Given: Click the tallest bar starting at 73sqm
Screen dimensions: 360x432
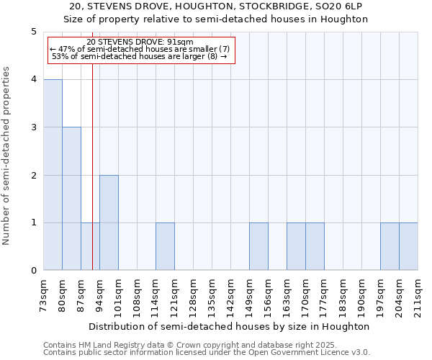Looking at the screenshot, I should (53, 175).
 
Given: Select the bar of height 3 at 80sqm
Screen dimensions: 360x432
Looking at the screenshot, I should (71, 199).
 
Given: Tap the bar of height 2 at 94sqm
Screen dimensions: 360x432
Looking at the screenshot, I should (109, 222).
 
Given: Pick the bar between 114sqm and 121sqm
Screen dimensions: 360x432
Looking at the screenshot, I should (165, 246).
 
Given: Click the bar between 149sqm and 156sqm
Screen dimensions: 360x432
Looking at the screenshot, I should (258, 246).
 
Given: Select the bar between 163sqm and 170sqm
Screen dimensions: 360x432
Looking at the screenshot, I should (296, 246).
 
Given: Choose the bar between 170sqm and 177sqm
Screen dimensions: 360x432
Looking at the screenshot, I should (315, 246).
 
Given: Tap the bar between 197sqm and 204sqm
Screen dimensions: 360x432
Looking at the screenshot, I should (390, 246).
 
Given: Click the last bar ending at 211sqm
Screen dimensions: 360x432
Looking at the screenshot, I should (408, 246).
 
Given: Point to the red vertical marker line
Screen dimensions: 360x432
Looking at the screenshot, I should (93, 180).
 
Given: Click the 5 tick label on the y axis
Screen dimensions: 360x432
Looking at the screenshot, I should (33, 32).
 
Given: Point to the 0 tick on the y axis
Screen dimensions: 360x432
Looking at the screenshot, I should (33, 271).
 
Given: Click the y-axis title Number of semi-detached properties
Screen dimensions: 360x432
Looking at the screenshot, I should (7, 156).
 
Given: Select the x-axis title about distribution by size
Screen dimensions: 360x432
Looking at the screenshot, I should (230, 326).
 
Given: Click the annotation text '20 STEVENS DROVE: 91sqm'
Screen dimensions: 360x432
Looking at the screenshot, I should (140, 42).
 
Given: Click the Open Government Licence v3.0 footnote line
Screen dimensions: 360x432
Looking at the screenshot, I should (206, 353).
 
